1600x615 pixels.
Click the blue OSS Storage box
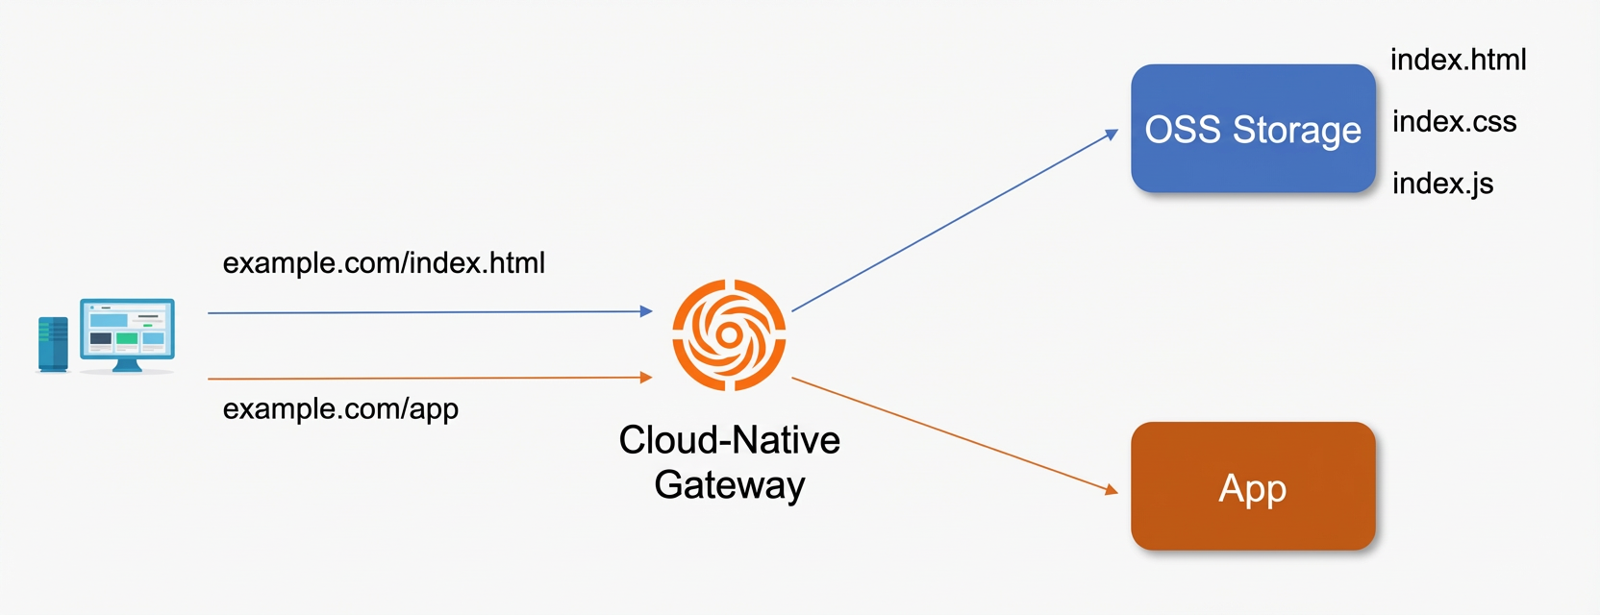tap(1253, 129)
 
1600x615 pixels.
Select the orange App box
tap(1253, 486)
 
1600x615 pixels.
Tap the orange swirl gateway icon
tap(729, 334)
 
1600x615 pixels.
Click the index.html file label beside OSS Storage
tap(1458, 60)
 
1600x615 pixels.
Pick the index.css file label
tap(1454, 121)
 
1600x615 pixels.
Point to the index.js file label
tap(1443, 184)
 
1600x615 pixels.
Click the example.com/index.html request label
tap(384, 262)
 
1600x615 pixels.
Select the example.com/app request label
tap(340, 409)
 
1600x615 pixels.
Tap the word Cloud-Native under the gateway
tap(729, 439)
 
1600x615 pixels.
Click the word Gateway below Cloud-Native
tap(729, 485)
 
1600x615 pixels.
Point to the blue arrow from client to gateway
tap(430, 311)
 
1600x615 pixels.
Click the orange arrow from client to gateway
tap(430, 379)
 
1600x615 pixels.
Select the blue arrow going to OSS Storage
tap(955, 220)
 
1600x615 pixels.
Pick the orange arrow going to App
tap(955, 435)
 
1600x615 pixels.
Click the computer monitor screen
tap(127, 329)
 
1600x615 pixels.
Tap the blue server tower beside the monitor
tap(53, 345)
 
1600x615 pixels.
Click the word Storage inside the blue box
tap(1296, 130)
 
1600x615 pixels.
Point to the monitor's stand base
tap(127, 366)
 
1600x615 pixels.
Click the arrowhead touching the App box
tap(1112, 489)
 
